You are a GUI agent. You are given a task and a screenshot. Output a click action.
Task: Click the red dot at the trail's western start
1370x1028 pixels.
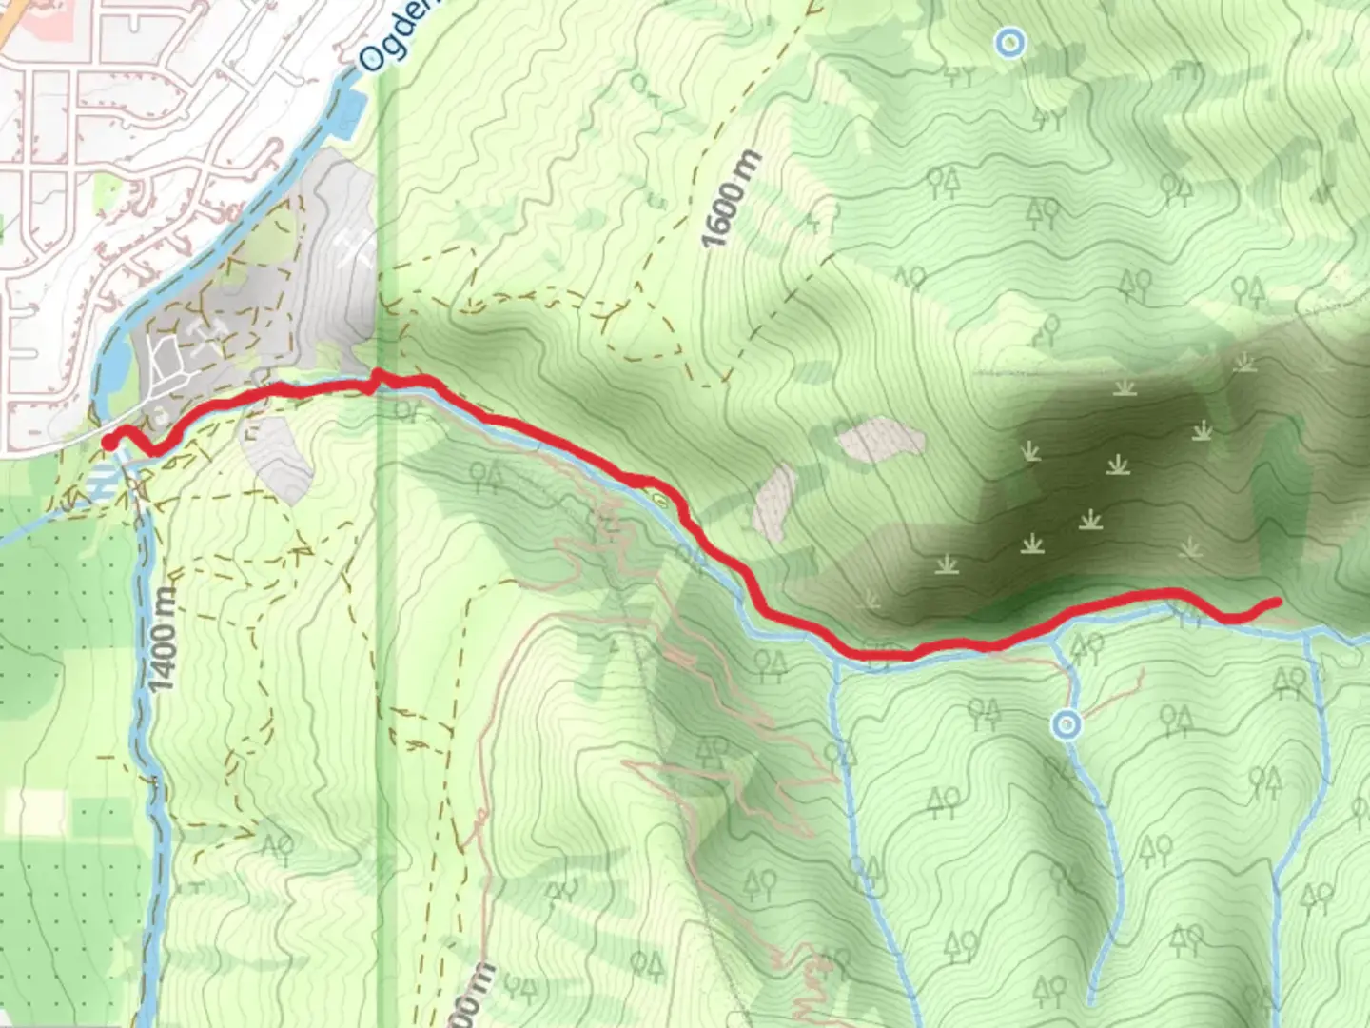point(109,442)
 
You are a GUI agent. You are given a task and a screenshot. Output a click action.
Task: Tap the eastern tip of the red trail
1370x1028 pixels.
point(1275,602)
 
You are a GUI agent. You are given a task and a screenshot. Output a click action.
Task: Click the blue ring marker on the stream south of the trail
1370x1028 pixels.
point(1067,726)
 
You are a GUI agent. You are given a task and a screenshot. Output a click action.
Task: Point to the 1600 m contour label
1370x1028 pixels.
point(723,199)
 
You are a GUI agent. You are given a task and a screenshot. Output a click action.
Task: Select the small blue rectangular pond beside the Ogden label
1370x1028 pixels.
point(349,113)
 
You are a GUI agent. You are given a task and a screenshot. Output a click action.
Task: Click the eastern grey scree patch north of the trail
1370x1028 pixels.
point(881,439)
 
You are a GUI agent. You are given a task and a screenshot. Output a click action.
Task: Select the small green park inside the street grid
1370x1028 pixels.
point(3,228)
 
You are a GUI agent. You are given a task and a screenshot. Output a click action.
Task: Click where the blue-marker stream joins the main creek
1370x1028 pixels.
point(1056,636)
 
